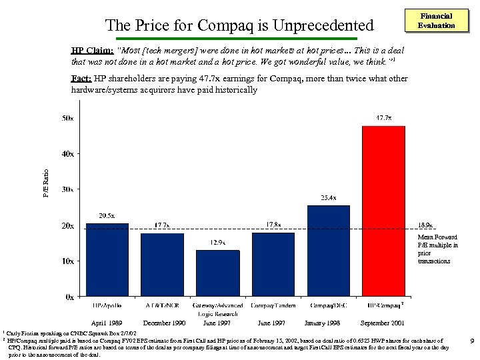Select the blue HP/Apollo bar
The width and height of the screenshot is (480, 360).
click(x=107, y=259)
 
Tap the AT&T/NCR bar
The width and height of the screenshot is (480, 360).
click(x=162, y=265)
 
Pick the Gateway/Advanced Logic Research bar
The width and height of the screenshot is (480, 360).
click(x=217, y=273)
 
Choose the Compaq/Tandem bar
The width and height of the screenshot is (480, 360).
click(x=273, y=264)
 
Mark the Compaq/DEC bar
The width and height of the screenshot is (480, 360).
click(x=328, y=251)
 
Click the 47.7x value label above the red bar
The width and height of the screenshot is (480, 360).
click(x=383, y=118)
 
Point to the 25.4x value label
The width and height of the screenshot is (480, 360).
click(x=328, y=198)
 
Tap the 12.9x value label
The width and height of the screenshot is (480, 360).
click(x=218, y=242)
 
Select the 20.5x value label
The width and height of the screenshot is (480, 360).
click(x=107, y=215)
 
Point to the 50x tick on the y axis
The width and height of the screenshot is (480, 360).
click(x=68, y=119)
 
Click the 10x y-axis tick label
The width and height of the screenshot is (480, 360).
click(x=68, y=261)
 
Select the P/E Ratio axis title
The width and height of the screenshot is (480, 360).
click(x=46, y=181)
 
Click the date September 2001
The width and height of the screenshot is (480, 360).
click(x=383, y=323)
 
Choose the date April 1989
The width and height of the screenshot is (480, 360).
click(x=107, y=323)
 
